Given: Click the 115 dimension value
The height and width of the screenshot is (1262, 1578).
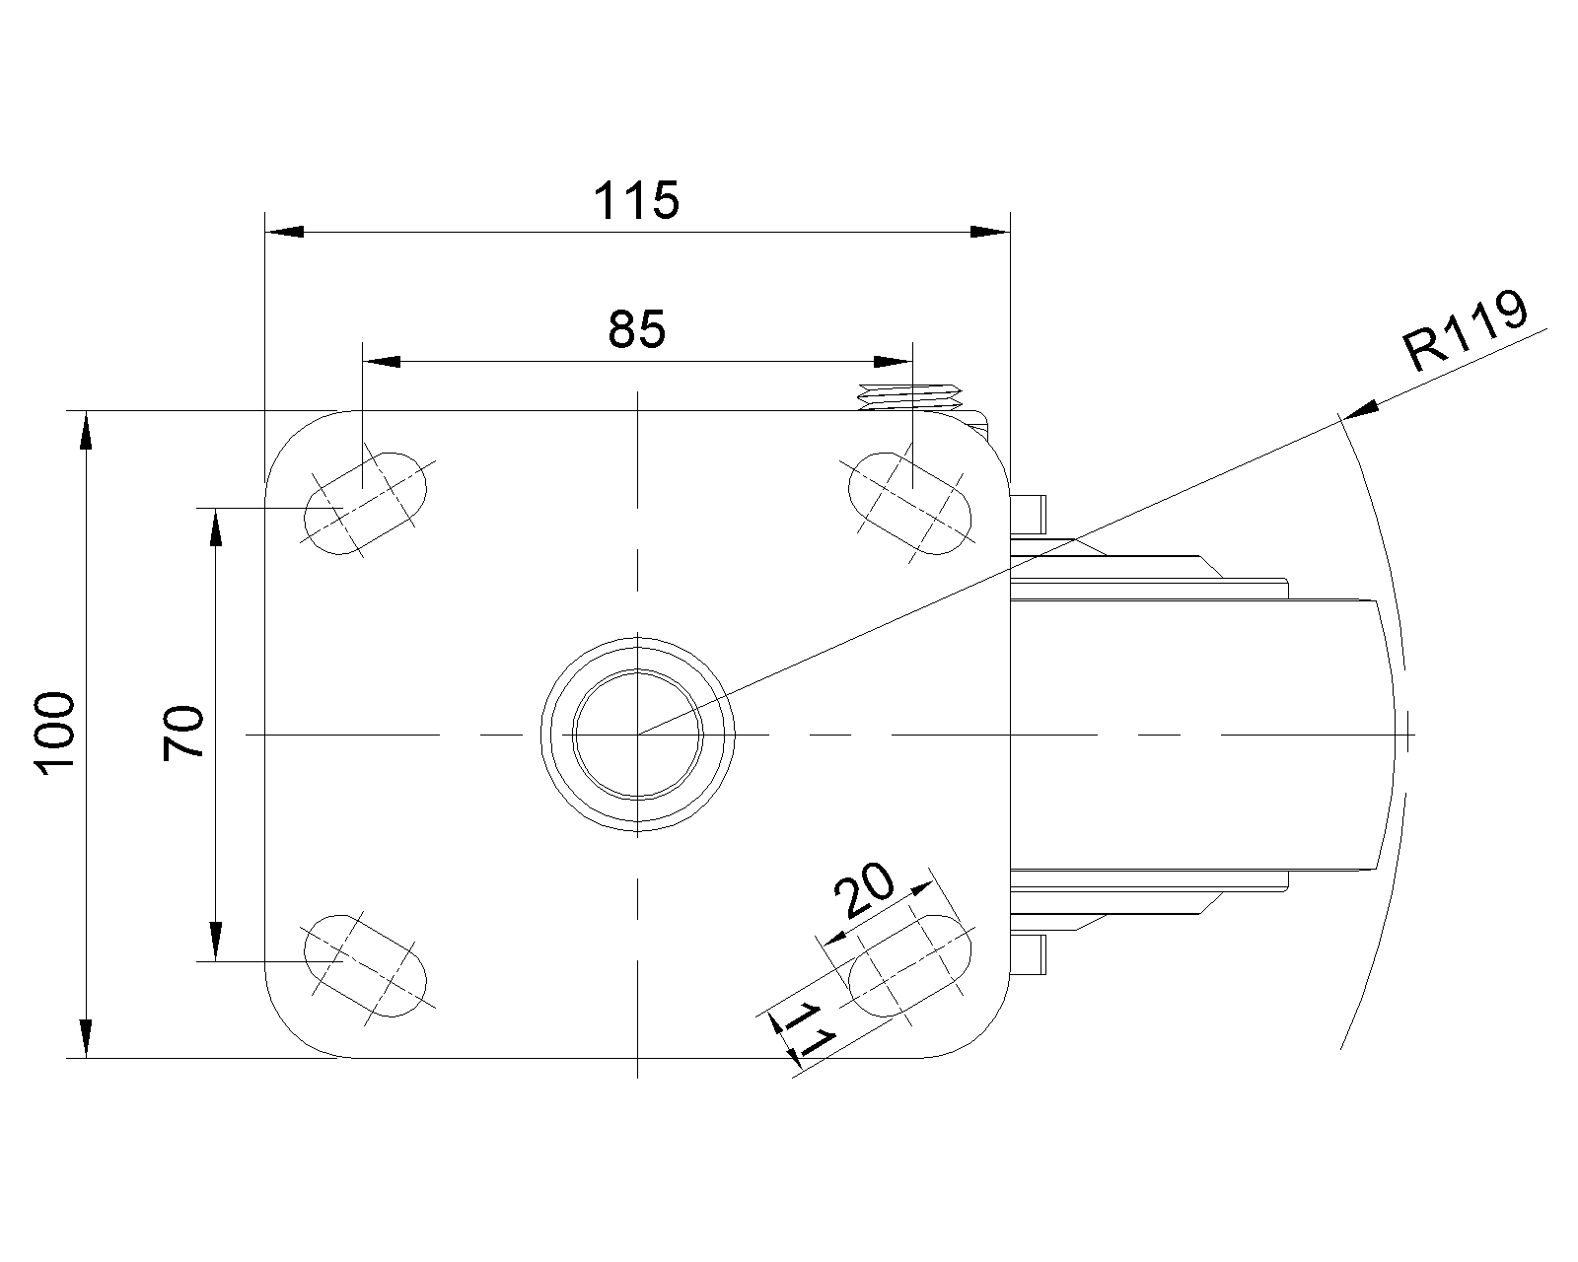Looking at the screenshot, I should [636, 201].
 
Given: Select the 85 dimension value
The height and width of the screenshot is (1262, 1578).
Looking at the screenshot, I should [636, 330].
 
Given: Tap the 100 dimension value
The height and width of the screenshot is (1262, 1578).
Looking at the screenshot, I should [55, 735].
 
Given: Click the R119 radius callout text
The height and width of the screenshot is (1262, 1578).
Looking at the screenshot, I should [1466, 332].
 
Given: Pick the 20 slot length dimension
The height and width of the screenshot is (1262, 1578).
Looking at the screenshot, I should [864, 891].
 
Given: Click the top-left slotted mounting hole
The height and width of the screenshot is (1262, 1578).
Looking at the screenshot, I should [367, 503].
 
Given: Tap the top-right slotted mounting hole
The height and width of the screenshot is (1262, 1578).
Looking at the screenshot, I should [910, 503].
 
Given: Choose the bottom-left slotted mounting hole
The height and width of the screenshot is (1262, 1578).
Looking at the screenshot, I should [367, 964].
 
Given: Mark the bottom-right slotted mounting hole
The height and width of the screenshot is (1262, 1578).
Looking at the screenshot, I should [910, 964].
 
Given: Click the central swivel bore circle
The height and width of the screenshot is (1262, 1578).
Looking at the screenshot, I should [638, 735].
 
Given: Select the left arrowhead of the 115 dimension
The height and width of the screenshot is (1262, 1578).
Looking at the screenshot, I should [285, 232].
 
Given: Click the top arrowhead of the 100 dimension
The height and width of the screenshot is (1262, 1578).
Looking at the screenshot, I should [86, 431].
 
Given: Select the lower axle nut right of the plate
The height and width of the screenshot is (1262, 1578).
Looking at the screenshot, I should [1029, 953].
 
